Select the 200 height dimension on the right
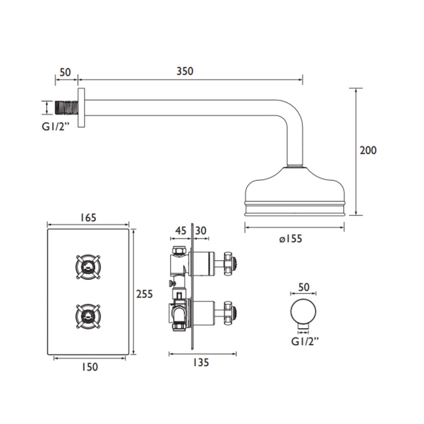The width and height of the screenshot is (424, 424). (368, 150)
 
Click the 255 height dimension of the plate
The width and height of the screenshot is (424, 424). (144, 294)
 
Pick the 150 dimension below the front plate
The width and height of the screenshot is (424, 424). (90, 367)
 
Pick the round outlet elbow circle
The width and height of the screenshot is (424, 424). (303, 313)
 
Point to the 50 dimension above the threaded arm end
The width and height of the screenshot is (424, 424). (65, 71)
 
